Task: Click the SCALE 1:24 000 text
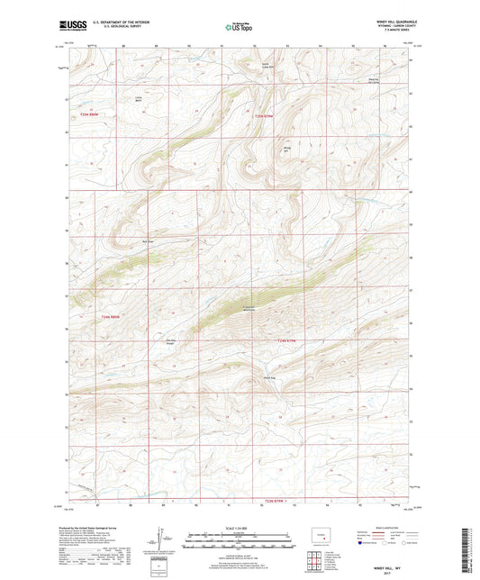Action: [x=239, y=528]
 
